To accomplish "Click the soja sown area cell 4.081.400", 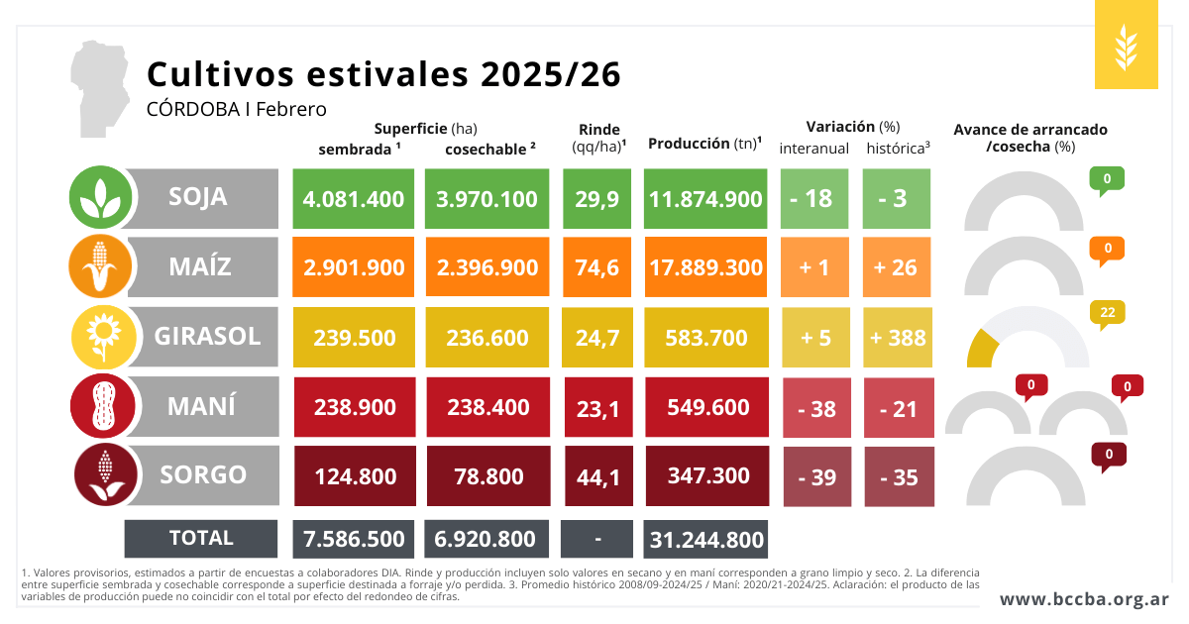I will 353,198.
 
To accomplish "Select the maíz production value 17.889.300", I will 705,267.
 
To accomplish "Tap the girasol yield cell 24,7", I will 597,338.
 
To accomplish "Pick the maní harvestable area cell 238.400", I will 486,407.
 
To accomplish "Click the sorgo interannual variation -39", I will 816,477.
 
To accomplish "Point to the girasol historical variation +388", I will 898,338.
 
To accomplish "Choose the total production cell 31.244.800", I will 705,539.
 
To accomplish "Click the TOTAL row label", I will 201,538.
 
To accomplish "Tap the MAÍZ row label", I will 199,266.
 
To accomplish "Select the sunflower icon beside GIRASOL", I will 101,336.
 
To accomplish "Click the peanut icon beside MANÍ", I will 101,405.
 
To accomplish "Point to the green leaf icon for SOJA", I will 100,197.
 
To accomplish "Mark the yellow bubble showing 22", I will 1107,313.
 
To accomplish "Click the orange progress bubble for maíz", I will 1107,249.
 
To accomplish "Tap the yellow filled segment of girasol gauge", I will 981,350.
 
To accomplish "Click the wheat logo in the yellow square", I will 1126,45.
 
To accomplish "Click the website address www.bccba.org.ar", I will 1084,599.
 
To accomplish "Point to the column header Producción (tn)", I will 704,144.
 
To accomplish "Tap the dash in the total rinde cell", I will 597,539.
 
